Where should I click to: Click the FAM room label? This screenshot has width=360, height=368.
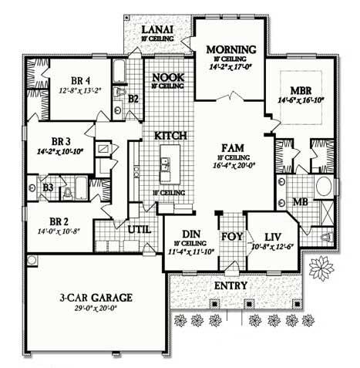(x=232, y=147)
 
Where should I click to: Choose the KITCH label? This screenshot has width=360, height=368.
(x=170, y=135)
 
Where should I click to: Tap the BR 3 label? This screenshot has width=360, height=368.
(x=60, y=142)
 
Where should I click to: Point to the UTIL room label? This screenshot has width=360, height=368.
(x=140, y=229)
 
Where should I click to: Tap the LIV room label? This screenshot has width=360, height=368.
(x=271, y=237)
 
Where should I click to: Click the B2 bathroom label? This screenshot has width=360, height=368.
(x=133, y=98)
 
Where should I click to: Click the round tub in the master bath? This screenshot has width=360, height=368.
(x=325, y=186)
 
